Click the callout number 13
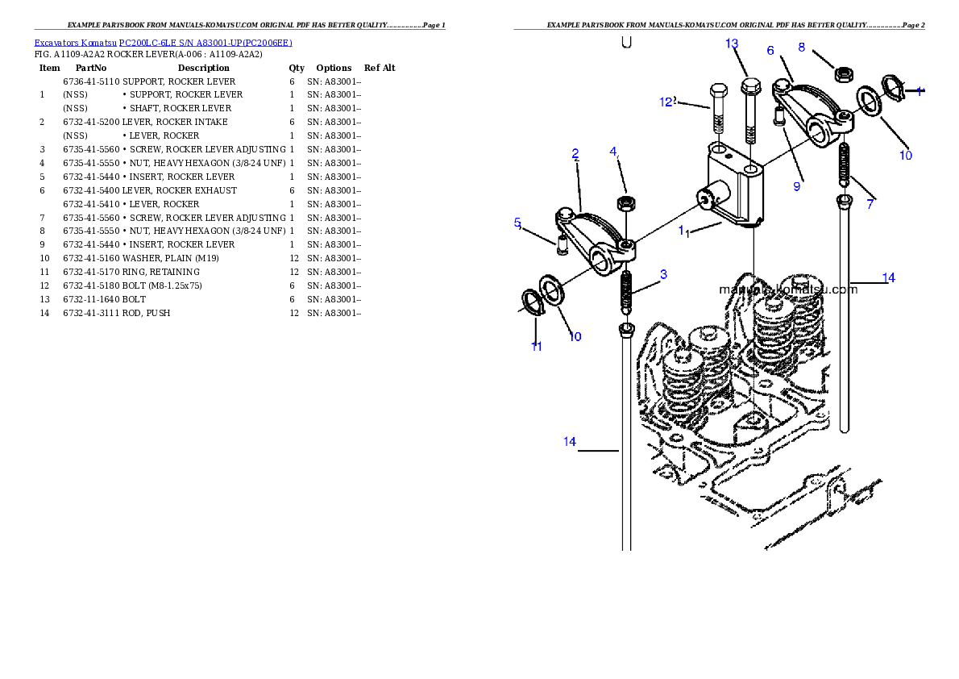pyautogui.click(x=732, y=44)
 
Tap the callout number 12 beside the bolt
pyautogui.click(x=666, y=102)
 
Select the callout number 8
pyautogui.click(x=801, y=48)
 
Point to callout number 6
pyautogui.click(x=770, y=51)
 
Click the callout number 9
pyautogui.click(x=796, y=186)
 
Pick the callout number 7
pyautogui.click(x=870, y=205)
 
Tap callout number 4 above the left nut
pyautogui.click(x=613, y=152)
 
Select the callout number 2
pyautogui.click(x=575, y=153)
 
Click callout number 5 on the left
pyautogui.click(x=518, y=223)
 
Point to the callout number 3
pyautogui.click(x=663, y=275)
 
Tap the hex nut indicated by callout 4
pyautogui.click(x=624, y=202)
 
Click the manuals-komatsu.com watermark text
pyautogui.click(x=788, y=289)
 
